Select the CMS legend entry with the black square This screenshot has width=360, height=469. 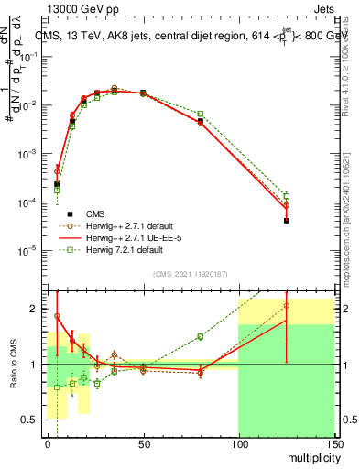click(101, 213)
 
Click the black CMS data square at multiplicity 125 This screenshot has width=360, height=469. click(287, 221)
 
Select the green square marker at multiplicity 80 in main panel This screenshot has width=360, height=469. click(201, 114)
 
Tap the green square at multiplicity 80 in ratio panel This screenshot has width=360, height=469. click(201, 336)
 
